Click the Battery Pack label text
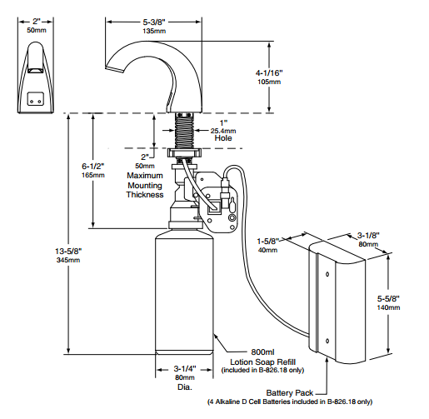289,392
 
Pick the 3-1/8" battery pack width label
367,236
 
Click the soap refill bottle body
183,292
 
